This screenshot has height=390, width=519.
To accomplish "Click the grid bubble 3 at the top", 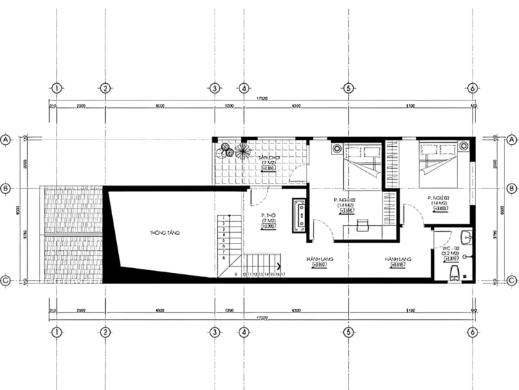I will pyautogui.click(x=215, y=89).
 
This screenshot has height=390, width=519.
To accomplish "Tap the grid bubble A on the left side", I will pyautogui.click(x=7, y=140).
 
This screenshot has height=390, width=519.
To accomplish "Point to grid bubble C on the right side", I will pyautogui.click(x=511, y=281).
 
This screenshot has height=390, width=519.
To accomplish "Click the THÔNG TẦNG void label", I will pyautogui.click(x=164, y=233).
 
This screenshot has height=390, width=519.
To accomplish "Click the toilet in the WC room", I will pyautogui.click(x=455, y=272).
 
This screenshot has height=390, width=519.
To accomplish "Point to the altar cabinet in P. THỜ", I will pyautogui.click(x=300, y=214).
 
